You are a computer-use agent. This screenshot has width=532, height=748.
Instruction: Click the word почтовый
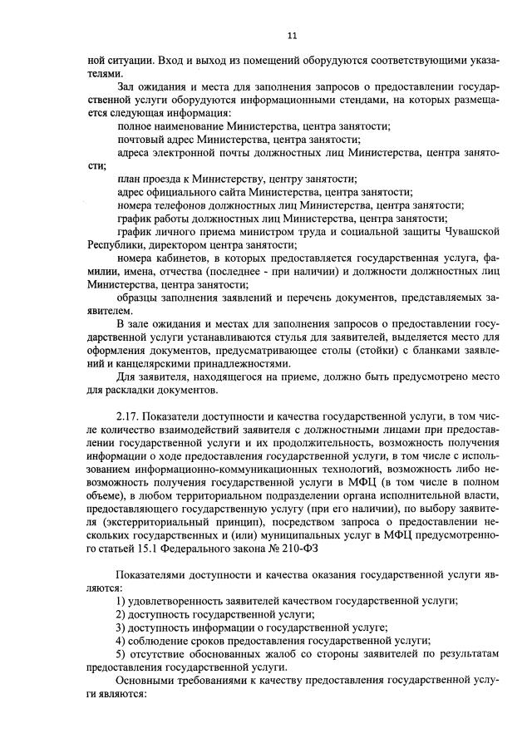coord(140,138)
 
